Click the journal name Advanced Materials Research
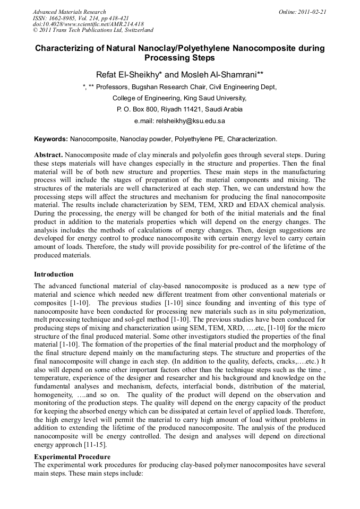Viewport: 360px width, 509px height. coord(69,12)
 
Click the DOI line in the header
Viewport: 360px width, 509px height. coord(87,24)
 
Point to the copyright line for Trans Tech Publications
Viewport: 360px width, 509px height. coord(93,31)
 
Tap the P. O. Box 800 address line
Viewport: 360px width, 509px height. coord(180,109)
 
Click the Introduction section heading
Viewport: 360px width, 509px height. coord(54,274)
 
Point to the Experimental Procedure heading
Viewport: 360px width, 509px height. coord(72,456)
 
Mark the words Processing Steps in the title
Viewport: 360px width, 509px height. coord(179,58)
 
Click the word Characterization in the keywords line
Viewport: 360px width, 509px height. coord(252,139)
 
